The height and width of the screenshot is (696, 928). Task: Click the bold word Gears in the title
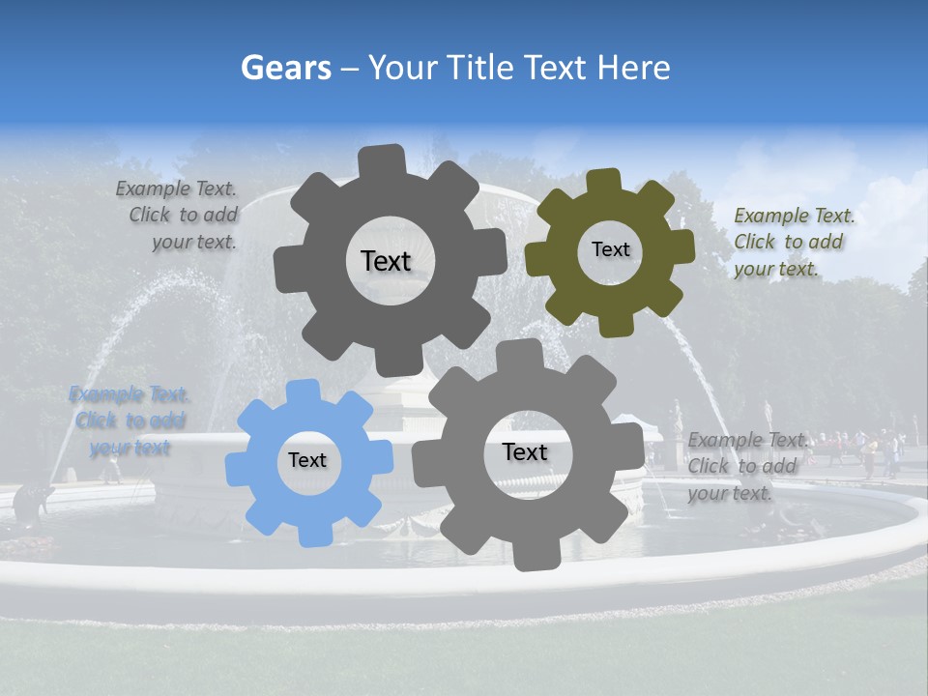286,68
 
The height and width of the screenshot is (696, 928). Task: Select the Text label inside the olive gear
610,249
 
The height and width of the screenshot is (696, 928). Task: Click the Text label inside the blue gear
307,460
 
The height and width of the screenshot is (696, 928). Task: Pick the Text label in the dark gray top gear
386,261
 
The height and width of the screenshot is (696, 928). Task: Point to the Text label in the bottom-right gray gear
525,451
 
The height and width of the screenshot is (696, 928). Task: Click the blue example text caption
130,420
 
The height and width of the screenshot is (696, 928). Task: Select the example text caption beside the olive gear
793,242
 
